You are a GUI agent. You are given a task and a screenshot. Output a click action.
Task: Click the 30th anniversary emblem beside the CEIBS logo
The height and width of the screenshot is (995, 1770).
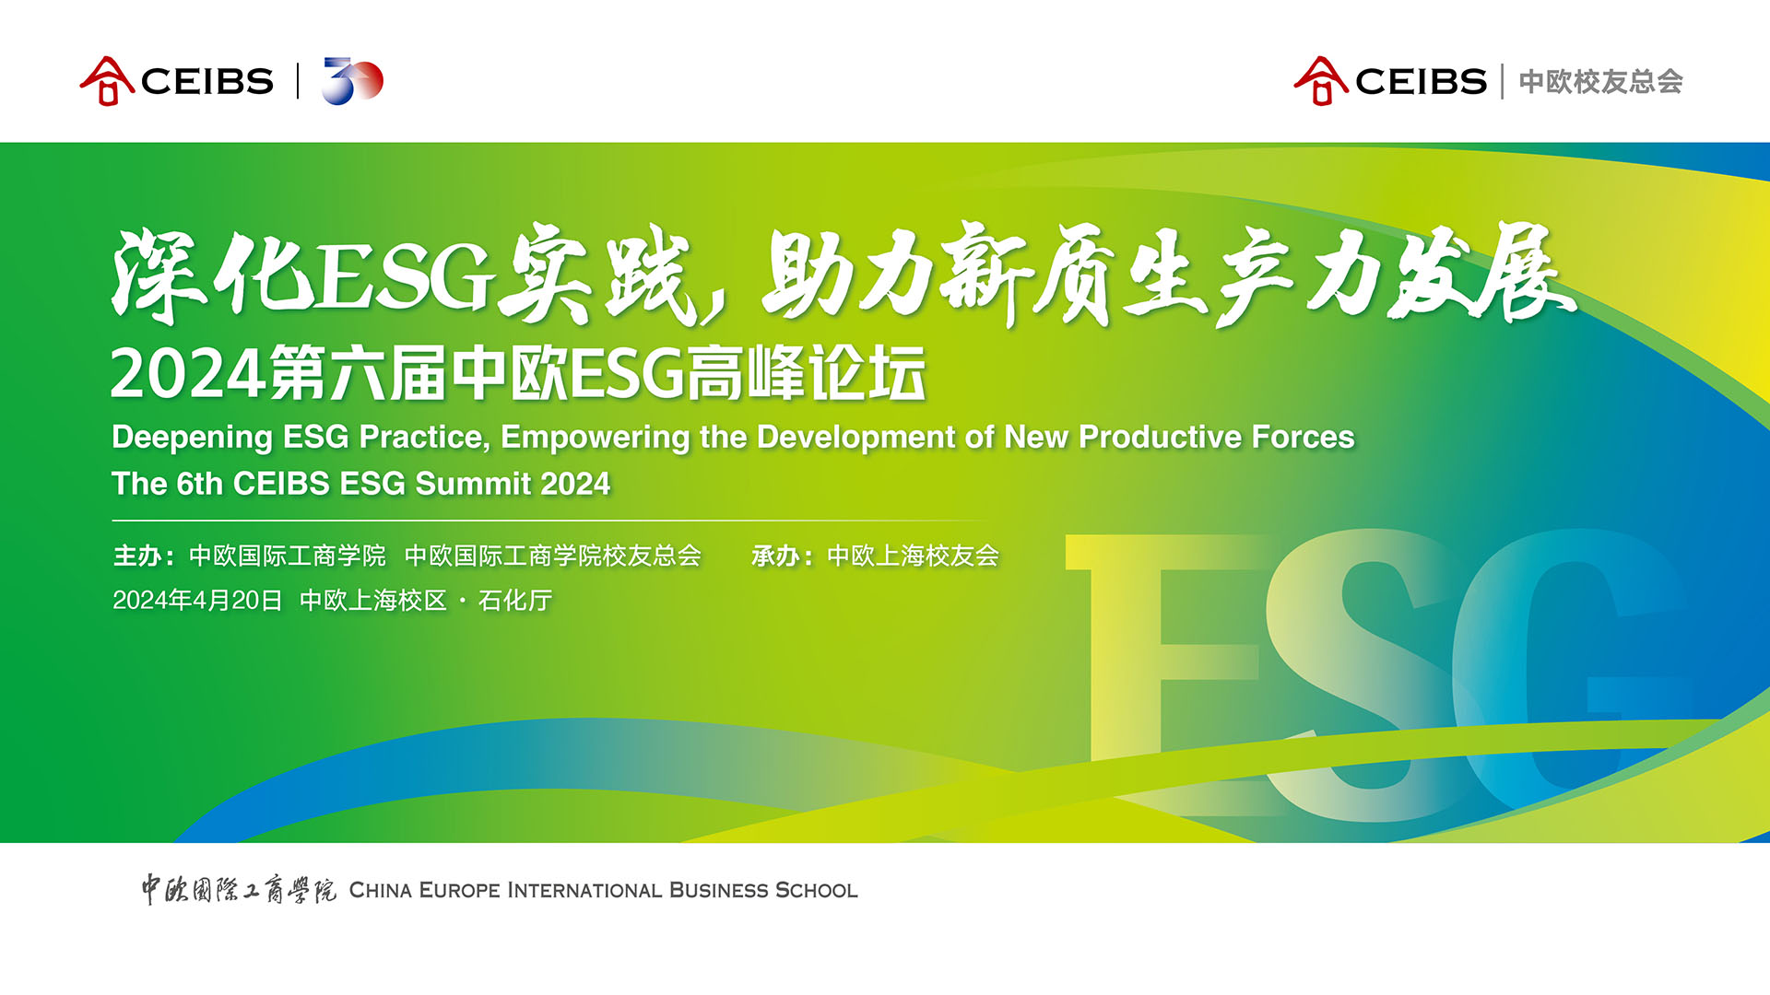[352, 81]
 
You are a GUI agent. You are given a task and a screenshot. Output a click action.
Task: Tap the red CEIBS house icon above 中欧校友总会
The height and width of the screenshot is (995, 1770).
[1321, 81]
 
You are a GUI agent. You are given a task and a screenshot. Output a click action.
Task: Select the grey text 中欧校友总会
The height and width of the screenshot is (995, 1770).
[1601, 82]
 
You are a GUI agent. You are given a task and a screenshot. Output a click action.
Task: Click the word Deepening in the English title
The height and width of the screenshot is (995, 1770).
[192, 438]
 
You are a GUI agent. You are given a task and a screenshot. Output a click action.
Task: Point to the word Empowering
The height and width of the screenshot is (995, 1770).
[595, 438]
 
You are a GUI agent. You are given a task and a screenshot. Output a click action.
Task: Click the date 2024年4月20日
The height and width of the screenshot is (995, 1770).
[197, 601]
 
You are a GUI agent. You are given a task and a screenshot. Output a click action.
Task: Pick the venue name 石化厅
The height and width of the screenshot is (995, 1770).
[515, 601]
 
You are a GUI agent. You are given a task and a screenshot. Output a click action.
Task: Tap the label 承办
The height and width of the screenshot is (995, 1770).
[775, 556]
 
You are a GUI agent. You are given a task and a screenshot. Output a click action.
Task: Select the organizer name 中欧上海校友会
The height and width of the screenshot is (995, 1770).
[914, 556]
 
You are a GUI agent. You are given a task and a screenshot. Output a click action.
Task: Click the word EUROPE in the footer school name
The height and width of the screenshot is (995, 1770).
[460, 891]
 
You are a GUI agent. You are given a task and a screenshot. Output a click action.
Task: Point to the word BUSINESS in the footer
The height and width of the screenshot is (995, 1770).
[719, 891]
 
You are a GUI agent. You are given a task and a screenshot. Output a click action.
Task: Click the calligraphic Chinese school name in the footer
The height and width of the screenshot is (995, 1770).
[239, 890]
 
